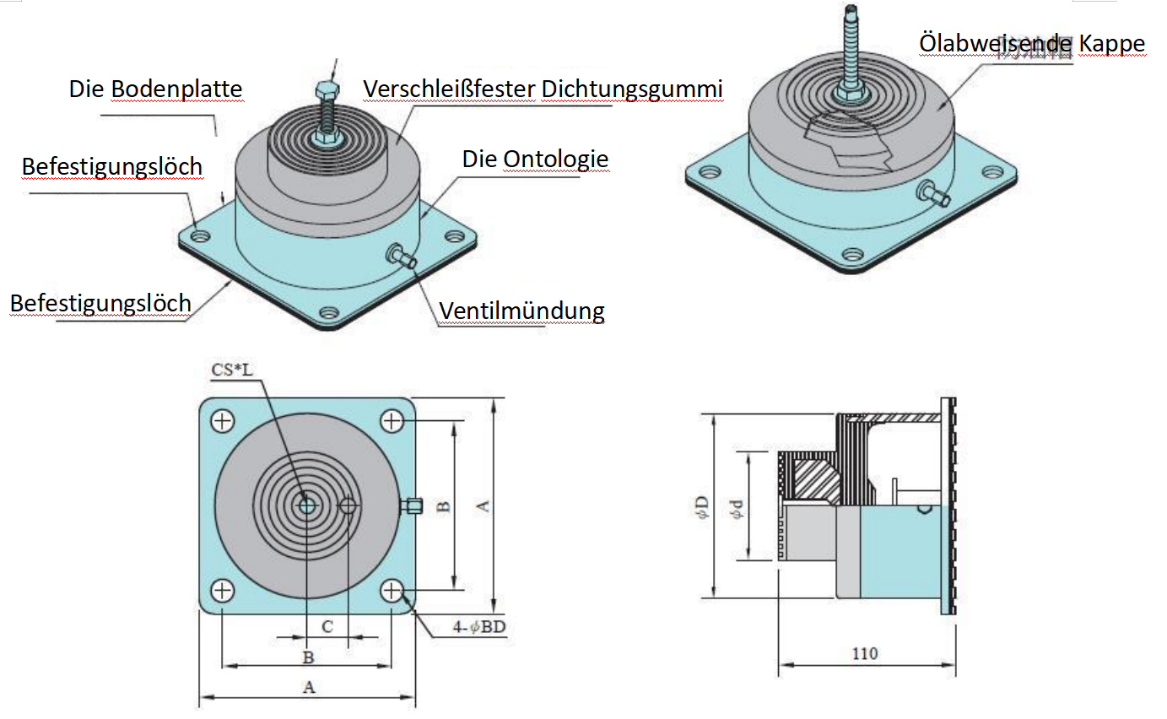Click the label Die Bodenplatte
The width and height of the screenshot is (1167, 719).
click(155, 89)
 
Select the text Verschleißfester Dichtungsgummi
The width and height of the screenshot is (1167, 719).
click(543, 88)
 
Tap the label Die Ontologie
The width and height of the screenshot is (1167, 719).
click(535, 159)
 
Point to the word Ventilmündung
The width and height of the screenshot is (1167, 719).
click(521, 311)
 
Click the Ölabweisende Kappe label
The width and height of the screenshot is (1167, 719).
click(1031, 44)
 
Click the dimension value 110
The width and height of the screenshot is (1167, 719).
click(864, 653)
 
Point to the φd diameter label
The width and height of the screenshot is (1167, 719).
click(737, 507)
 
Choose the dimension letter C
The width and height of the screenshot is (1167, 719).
click(327, 627)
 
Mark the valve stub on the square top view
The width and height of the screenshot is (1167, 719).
click(411, 505)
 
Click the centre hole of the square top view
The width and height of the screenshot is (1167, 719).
click(306, 505)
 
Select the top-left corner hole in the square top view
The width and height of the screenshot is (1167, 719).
click(223, 420)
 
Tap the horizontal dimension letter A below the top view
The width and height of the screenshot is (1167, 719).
click(309, 687)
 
